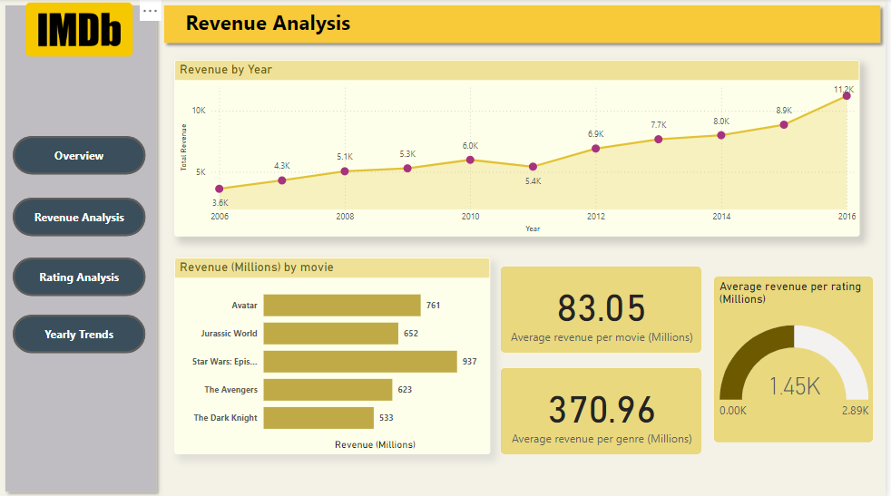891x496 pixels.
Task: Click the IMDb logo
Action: (x=79, y=30)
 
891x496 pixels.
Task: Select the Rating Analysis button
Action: (x=79, y=277)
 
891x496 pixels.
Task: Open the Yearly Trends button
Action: (x=79, y=335)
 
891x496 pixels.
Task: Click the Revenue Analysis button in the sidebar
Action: (x=79, y=218)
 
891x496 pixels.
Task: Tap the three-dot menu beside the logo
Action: (x=150, y=12)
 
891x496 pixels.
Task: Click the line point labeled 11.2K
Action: (x=847, y=95)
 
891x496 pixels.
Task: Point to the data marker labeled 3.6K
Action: (x=220, y=189)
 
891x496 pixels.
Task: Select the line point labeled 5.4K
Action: (x=533, y=167)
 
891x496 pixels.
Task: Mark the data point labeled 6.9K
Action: (x=595, y=148)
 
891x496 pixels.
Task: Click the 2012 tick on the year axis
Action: (x=595, y=217)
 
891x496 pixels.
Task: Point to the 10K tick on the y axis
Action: (x=198, y=111)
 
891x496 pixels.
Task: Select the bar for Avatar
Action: (x=342, y=306)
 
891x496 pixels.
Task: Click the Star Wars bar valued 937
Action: (x=360, y=362)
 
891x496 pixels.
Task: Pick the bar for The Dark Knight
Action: (x=318, y=418)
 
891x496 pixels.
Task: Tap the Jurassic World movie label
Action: (x=229, y=334)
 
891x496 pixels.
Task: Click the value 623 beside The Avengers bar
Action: (x=405, y=390)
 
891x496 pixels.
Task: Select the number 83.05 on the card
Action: (x=601, y=308)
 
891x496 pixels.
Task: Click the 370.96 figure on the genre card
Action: (x=601, y=410)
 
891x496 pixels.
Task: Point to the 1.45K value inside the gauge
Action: (x=794, y=386)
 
